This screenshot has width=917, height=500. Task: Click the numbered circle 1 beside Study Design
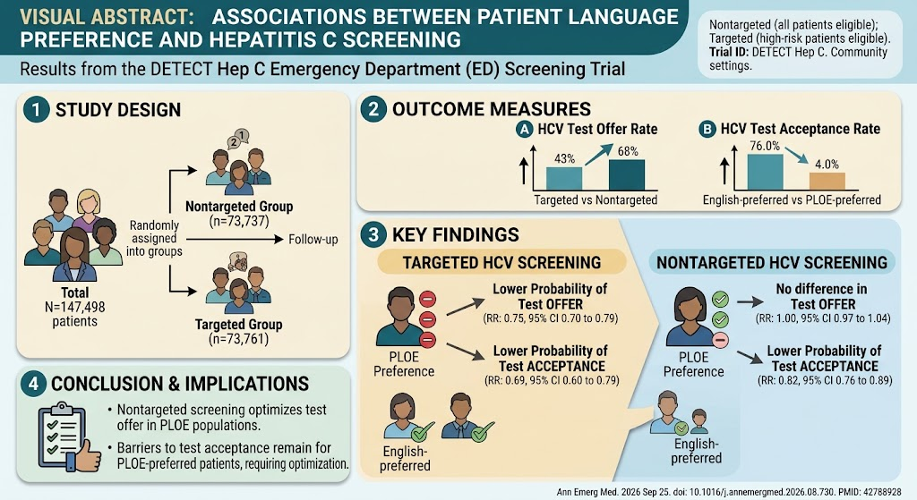[x=36, y=110]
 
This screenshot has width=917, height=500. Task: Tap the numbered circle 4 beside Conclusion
[x=33, y=383]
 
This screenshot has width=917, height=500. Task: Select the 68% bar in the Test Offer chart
[x=626, y=174]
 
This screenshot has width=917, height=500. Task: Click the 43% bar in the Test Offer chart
[x=564, y=178]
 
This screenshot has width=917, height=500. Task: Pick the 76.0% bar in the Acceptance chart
[x=765, y=172]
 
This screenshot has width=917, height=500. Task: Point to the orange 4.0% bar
[x=827, y=181]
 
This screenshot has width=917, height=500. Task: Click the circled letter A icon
[x=524, y=129]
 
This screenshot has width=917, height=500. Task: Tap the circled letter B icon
[x=707, y=129]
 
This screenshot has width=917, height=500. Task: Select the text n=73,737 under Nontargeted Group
[x=239, y=221]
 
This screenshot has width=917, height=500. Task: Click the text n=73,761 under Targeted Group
[x=238, y=339]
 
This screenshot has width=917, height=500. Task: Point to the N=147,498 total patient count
[x=75, y=307]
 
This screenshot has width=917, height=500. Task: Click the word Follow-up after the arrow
[x=313, y=239]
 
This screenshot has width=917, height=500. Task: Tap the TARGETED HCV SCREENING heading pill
[x=501, y=262]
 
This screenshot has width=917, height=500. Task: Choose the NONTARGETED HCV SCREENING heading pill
[x=772, y=262]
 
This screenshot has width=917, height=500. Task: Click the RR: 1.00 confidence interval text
[x=824, y=318]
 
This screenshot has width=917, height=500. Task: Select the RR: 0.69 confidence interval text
[x=552, y=380]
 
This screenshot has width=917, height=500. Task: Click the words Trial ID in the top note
[x=729, y=53]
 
